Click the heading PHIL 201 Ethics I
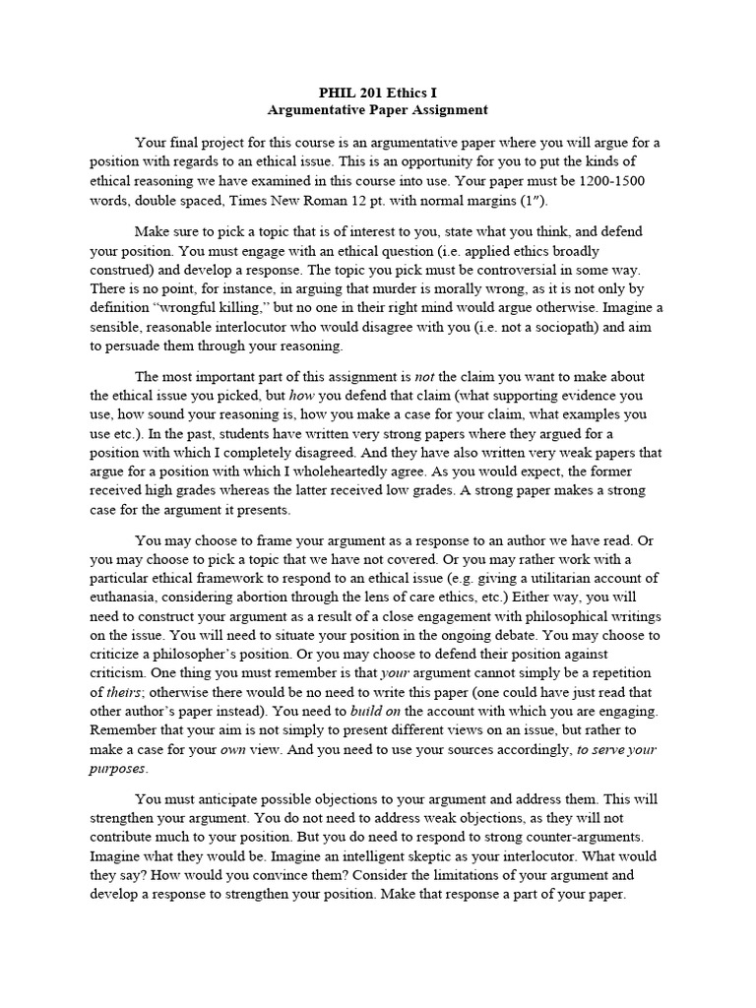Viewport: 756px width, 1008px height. point(379,92)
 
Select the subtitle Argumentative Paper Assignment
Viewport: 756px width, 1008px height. point(379,109)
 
